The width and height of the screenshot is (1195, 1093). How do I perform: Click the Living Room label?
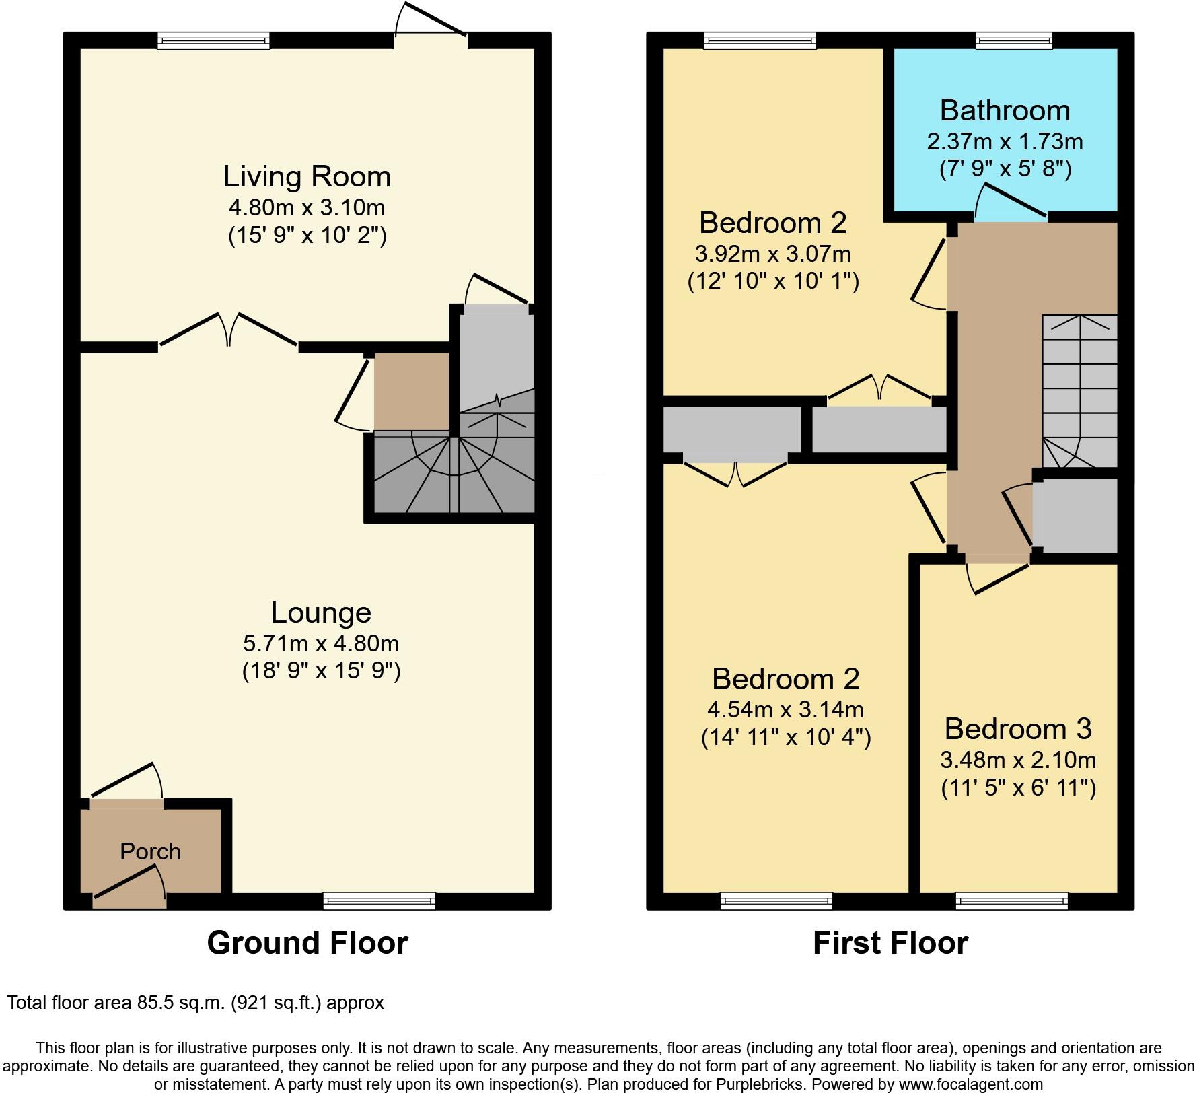pos(307,176)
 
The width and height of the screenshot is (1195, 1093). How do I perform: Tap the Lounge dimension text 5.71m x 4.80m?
pos(321,643)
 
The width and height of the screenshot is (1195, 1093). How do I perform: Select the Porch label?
pos(150,851)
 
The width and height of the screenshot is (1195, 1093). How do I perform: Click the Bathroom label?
pos(1005,110)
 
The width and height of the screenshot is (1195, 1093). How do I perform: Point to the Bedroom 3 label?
pos(1018,728)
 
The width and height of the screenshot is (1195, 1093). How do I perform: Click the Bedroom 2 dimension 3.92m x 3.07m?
pos(772,254)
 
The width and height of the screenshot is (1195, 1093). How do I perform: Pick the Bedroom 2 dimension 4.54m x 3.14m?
pos(785,709)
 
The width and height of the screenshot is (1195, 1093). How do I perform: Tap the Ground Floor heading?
pos(307,943)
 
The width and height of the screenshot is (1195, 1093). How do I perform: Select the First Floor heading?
pos(890,943)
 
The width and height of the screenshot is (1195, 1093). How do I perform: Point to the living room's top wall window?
pos(213,41)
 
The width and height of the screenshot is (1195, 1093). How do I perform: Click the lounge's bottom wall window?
pos(379,901)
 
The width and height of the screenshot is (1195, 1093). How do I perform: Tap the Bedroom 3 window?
pos(1011,901)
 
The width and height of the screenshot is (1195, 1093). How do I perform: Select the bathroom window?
pos(1014,41)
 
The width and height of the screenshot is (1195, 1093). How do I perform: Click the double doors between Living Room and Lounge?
pos(229,330)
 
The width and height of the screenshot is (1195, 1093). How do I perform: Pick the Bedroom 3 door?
pos(999,576)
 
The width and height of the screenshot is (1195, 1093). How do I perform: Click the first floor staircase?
pos(1079,390)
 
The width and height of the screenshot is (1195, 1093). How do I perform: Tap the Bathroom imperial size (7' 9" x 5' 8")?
pos(1005,168)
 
